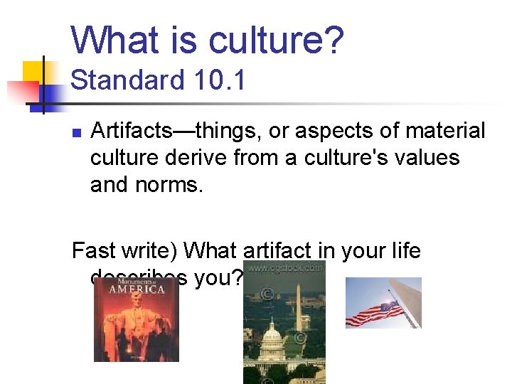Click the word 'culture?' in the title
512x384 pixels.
pos(276,41)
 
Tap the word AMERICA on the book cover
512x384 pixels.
pos(137,289)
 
